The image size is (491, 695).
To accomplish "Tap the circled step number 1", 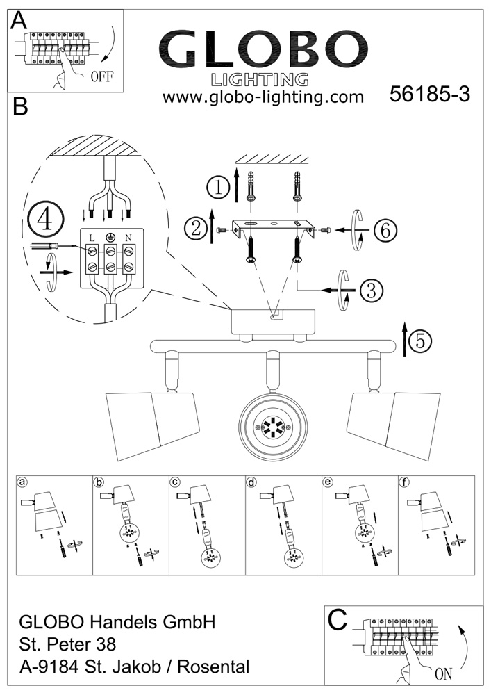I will click(219, 188).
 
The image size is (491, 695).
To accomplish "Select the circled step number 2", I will click(196, 228).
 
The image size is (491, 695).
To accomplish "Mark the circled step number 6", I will click(383, 229).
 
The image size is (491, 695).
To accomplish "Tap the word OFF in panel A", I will click(101, 76).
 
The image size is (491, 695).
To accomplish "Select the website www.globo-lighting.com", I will click(263, 97).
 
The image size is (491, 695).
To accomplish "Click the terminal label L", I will click(92, 238).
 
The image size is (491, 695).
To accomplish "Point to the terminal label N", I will click(128, 238).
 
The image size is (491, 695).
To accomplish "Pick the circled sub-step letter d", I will click(252, 482).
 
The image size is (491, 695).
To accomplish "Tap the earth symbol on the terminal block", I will click(110, 237).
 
